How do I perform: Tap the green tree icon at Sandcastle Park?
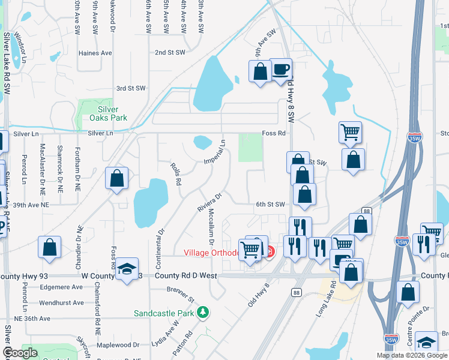tap(203, 312)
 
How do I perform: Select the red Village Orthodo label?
tap(211, 253)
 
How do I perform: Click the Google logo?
tap(20, 353)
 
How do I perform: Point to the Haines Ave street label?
tap(95, 53)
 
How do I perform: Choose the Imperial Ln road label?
tap(214, 153)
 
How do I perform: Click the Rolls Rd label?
tap(175, 173)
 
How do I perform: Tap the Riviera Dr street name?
tap(210, 201)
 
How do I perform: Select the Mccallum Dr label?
tap(211, 227)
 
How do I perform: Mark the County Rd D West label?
tap(185, 275)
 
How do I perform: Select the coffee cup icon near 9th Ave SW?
tap(280, 69)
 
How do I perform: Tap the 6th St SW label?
tap(270, 204)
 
